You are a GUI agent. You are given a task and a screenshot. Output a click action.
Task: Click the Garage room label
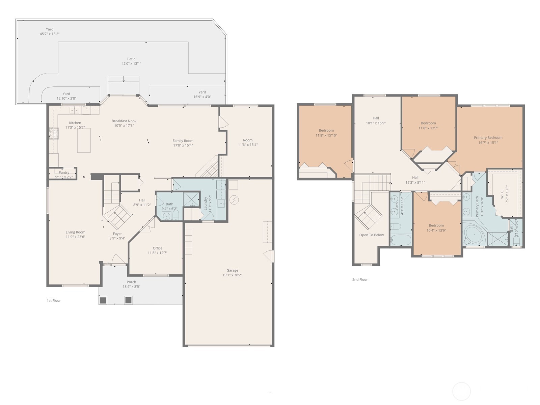tap(232, 270)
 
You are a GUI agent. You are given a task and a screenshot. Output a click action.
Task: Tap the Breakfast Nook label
tap(124, 121)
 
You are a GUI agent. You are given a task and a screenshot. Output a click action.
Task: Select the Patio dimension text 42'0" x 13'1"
tap(131, 63)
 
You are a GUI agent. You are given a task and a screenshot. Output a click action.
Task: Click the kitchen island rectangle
tap(84, 140)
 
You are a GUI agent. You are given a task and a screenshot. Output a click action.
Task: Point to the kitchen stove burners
tap(54, 133)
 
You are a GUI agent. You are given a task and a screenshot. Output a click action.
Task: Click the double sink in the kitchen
tap(75, 110)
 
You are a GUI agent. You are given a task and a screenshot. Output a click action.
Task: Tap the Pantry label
tap(64, 172)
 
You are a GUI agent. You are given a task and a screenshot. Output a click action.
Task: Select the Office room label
tap(157, 248)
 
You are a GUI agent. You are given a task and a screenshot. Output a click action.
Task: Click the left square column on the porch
tap(103, 300)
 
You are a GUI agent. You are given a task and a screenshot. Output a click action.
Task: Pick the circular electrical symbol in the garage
tap(234, 200)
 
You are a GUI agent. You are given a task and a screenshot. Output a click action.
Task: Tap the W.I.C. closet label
tap(502, 194)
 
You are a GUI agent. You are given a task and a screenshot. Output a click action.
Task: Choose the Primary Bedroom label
tap(488, 138)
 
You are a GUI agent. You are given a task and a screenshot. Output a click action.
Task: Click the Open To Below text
tap(371, 235)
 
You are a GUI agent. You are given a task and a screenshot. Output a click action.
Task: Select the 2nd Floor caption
tap(360, 279)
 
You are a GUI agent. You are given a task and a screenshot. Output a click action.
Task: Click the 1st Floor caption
tap(54, 300)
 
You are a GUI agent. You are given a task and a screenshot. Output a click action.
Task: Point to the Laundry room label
tap(205, 204)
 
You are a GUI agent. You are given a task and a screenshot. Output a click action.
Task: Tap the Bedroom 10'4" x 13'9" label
tap(436, 225)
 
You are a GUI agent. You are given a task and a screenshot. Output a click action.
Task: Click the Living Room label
tap(75, 232)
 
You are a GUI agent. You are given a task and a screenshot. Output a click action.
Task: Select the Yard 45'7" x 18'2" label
tap(50, 29)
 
